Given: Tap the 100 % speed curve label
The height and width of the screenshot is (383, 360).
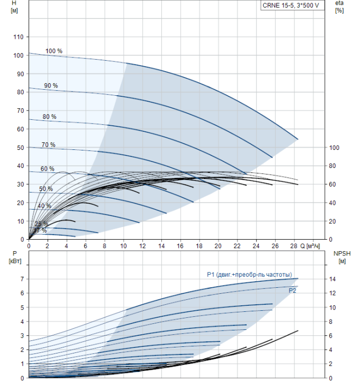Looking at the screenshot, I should [54, 51].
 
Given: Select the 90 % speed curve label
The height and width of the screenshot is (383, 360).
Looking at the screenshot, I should [51, 86].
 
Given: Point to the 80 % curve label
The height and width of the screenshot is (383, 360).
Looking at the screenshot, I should [49, 117].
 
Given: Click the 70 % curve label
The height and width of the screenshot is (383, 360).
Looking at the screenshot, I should [48, 145].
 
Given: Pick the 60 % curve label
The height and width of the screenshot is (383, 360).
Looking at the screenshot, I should [47, 169].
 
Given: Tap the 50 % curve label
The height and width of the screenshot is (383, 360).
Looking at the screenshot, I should [45, 189].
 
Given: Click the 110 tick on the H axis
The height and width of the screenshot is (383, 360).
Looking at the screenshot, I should [19, 37].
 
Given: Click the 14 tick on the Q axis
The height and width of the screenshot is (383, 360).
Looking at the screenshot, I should [161, 246].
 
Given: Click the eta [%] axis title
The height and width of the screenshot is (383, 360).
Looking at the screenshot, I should [339, 7].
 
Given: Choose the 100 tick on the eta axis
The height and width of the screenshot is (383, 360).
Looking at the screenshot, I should [334, 148].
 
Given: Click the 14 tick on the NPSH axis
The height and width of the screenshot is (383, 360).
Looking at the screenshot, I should [333, 279].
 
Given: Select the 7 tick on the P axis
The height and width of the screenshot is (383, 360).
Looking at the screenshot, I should [22, 279].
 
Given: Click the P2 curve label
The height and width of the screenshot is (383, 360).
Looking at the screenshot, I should [292, 291].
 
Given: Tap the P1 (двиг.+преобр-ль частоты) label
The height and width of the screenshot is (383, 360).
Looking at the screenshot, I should [249, 275].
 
